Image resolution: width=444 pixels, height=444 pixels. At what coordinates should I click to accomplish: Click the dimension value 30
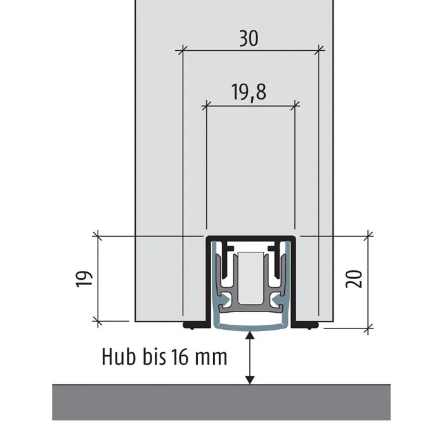click(249, 39)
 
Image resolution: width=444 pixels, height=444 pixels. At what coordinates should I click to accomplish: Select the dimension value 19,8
click(249, 92)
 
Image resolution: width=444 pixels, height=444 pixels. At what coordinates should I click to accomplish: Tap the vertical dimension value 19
click(84, 279)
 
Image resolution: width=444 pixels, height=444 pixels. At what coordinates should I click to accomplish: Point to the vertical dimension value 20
click(354, 279)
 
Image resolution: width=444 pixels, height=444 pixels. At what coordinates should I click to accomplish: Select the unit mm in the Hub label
click(211, 359)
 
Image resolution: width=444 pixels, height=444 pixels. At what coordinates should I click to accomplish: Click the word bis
click(154, 356)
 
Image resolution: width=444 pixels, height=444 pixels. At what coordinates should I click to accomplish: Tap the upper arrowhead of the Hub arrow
click(249, 335)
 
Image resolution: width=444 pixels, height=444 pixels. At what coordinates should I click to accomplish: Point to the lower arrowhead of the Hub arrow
click(249, 380)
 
